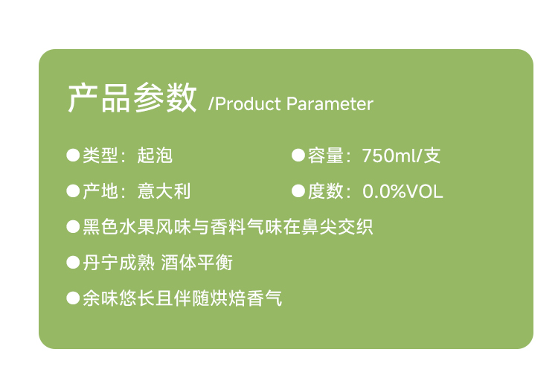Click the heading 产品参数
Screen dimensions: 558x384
click(x=132, y=98)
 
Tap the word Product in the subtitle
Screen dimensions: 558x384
click(x=248, y=104)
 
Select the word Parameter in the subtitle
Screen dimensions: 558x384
click(x=330, y=104)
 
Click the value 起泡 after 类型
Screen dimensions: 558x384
click(x=155, y=156)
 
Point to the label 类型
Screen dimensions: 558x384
click(x=100, y=156)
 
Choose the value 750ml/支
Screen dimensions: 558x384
click(x=402, y=156)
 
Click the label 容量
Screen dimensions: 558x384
click(x=326, y=156)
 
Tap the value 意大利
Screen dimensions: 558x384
click(x=164, y=191)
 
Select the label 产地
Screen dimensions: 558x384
click(x=100, y=191)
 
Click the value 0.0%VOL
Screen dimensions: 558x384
click(x=403, y=191)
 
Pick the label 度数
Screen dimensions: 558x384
click(x=326, y=191)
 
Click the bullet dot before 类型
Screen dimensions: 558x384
click(x=73, y=156)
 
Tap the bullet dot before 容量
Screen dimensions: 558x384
click(x=298, y=156)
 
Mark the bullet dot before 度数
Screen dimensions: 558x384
click(x=298, y=191)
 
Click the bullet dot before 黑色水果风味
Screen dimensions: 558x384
click(x=73, y=227)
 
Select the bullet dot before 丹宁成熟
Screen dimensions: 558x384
click(x=73, y=263)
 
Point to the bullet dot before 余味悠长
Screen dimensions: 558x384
click(x=73, y=298)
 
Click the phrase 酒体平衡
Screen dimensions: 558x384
click(x=197, y=263)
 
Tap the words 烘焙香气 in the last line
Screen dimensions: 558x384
click(x=246, y=298)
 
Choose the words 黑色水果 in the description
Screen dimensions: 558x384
click(x=118, y=227)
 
